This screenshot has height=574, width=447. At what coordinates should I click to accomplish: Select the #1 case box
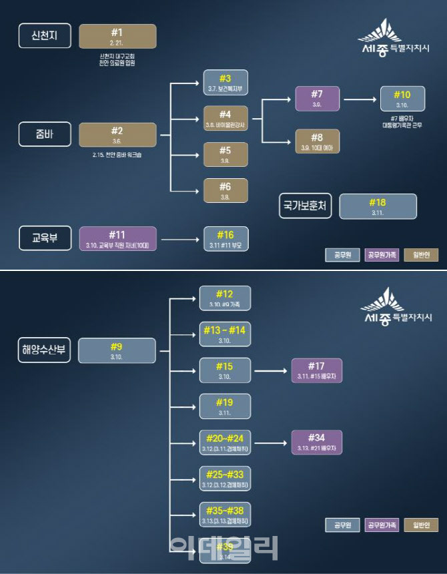(x=117, y=36)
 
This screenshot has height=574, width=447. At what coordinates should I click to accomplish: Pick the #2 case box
(x=117, y=134)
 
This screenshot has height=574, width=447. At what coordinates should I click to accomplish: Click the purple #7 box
(x=318, y=98)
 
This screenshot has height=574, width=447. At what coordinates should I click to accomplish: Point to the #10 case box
(x=402, y=98)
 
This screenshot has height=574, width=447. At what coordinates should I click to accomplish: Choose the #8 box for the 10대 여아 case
(x=318, y=141)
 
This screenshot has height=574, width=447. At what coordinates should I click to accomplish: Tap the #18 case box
(x=378, y=206)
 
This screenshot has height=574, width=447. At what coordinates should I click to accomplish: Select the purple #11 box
(x=117, y=238)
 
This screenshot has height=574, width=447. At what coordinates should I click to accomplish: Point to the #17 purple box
(x=316, y=370)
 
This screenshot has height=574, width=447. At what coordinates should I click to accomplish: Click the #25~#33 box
(x=225, y=478)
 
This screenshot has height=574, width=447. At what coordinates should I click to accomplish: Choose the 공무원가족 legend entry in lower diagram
(x=382, y=525)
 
